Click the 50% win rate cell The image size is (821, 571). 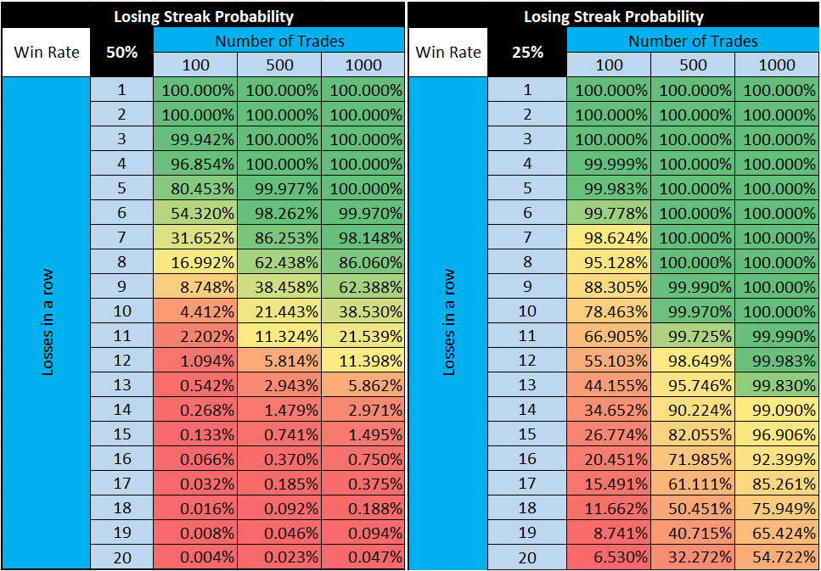121,52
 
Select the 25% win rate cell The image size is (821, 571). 527,52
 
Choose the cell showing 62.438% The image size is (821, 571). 279,262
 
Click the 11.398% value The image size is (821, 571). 363,361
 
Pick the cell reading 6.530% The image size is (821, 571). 610,557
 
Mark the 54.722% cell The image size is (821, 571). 777,557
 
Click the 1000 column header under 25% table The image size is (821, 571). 777,64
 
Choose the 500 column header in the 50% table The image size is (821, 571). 279,64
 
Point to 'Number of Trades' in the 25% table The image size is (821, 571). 693,40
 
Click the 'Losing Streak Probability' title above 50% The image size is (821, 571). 204,16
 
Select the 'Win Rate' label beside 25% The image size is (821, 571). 447,52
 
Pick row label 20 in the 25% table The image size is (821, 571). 527,557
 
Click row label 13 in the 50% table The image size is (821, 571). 121,385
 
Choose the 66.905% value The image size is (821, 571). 610,336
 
